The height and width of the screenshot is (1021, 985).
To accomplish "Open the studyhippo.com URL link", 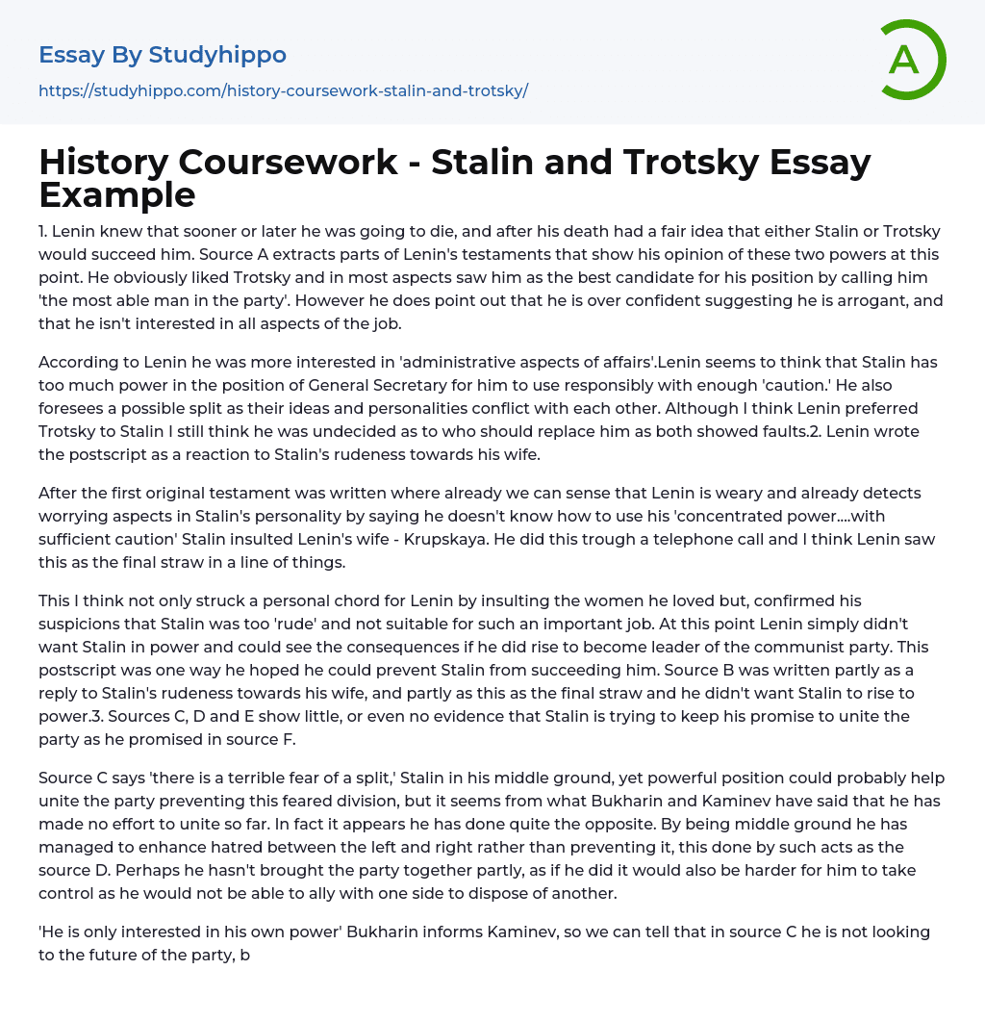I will (283, 90).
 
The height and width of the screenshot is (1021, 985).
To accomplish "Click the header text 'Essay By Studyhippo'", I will (163, 55).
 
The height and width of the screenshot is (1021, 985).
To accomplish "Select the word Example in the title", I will (117, 195).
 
